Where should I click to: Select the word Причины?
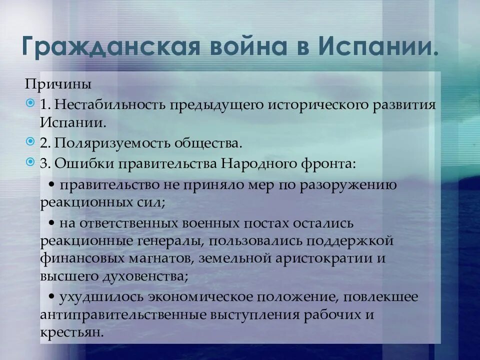(x=58, y=84)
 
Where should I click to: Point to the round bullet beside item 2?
(x=31, y=142)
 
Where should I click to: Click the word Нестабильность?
(x=110, y=104)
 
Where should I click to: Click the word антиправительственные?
(x=119, y=315)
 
